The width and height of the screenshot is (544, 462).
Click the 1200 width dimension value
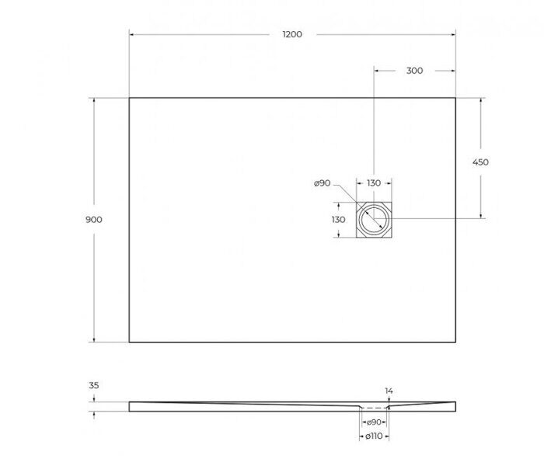coord(292,34)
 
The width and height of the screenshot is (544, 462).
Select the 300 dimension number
coord(415,71)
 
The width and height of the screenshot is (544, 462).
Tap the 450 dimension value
coord(480,162)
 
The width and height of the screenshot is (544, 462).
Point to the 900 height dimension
coord(94,220)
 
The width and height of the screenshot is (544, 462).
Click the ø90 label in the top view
coord(323,183)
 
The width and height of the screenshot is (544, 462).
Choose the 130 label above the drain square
coord(374,183)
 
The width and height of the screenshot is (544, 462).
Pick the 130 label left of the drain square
coord(338,220)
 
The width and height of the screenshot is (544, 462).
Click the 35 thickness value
coord(94,384)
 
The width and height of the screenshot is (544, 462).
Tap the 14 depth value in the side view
coord(389,391)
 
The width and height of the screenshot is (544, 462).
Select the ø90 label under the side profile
coord(374,422)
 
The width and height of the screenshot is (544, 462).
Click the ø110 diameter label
coord(374,437)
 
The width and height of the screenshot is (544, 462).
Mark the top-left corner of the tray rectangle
coord(129,98)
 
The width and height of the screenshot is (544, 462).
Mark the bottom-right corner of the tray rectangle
coord(455,342)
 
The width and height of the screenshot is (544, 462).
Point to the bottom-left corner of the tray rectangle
coord(129,342)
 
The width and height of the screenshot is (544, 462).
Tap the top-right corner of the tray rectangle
coord(455,98)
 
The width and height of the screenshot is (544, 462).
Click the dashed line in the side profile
coord(375,408)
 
